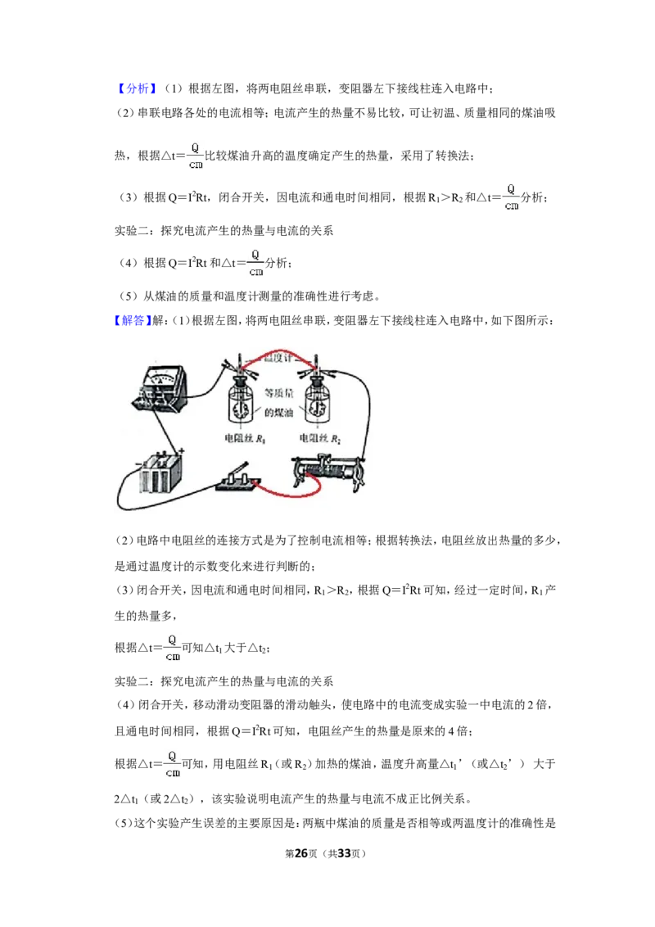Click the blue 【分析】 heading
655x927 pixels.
tap(136, 88)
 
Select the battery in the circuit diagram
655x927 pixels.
tap(160, 473)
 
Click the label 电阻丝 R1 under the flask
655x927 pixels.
tap(245, 439)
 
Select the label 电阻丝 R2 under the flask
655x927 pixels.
tap(320, 439)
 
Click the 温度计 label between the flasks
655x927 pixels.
tap(278, 358)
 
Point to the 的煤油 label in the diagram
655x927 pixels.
tap(279, 413)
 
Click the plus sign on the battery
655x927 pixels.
tap(182, 450)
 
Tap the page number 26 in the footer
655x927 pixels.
tap(301, 853)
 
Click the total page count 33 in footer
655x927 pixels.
tap(344, 853)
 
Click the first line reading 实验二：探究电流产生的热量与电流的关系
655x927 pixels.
tap(224, 231)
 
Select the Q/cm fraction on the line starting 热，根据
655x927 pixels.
tap(196, 156)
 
